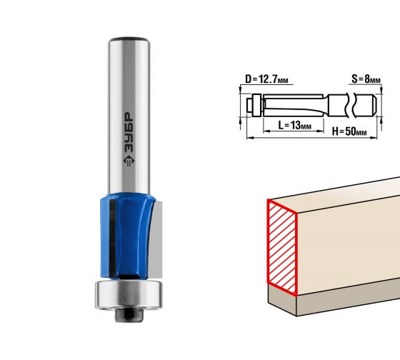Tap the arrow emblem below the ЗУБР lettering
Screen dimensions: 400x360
[x=129, y=161]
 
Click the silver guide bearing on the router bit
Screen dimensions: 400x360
[x=129, y=295]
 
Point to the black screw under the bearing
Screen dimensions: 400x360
[x=129, y=315]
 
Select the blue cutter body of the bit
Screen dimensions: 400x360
[x=128, y=236]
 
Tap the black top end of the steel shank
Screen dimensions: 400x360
[x=129, y=39]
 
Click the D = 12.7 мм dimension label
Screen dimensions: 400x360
[x=266, y=79]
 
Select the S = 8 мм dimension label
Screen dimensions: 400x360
[x=366, y=79]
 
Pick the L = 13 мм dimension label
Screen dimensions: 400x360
[x=294, y=125]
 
